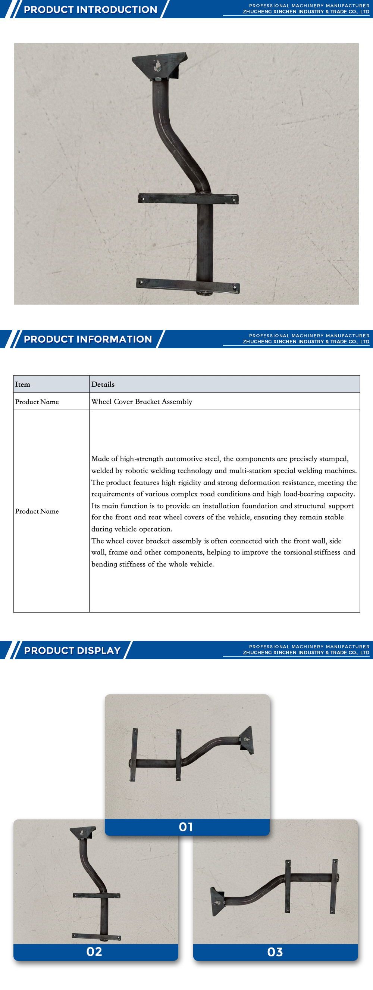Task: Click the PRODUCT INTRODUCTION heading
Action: coord(90,10)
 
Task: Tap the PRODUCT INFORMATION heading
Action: coord(88,339)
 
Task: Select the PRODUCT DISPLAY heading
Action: coord(72,650)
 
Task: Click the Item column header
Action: coord(23,385)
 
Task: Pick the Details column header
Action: coord(103,385)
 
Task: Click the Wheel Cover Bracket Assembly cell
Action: coord(142,402)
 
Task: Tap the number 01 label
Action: coord(186,827)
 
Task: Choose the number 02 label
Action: coord(94,952)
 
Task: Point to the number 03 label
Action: coord(275,952)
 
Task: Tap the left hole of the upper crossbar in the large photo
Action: coord(143,199)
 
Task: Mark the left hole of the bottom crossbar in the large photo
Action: coord(141,283)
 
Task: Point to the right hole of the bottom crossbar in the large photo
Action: coord(235,287)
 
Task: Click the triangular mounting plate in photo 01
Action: coord(247,740)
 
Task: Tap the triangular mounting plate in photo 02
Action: coord(82,833)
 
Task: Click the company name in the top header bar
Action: coord(306,12)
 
